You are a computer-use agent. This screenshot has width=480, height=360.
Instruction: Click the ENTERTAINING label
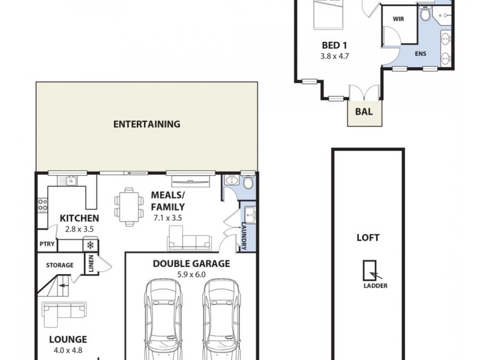147,125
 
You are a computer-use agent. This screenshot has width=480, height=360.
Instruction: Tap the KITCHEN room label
79,218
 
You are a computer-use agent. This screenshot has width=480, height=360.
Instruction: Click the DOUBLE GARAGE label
191,263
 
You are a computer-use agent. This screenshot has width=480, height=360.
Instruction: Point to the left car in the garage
162,318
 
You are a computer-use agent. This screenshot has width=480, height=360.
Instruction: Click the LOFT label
368,237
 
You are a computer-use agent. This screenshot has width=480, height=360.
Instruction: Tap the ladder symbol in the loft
370,272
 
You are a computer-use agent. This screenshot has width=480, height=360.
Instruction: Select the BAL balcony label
364,111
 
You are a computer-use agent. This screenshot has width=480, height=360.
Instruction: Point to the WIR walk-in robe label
398,19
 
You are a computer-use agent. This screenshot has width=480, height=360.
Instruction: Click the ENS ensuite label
421,53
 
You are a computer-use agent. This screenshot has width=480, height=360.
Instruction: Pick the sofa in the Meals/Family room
189,242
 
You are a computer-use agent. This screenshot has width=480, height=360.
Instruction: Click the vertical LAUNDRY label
244,236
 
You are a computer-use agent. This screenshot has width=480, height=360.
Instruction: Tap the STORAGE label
60,265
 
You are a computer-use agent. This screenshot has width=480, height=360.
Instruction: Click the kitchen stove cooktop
43,206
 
